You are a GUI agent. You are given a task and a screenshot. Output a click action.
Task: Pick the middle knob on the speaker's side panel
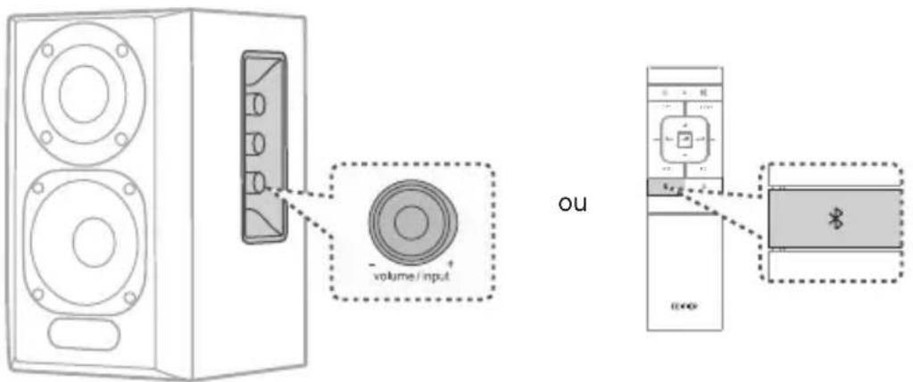point(255,143)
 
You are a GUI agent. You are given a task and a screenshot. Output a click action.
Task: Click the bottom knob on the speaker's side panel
point(255,183)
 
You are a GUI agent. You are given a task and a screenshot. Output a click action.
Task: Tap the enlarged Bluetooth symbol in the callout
point(836,220)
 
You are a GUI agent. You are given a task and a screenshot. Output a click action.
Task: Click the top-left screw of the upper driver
point(47,50)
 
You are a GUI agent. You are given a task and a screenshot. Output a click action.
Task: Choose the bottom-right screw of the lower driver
point(130,297)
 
